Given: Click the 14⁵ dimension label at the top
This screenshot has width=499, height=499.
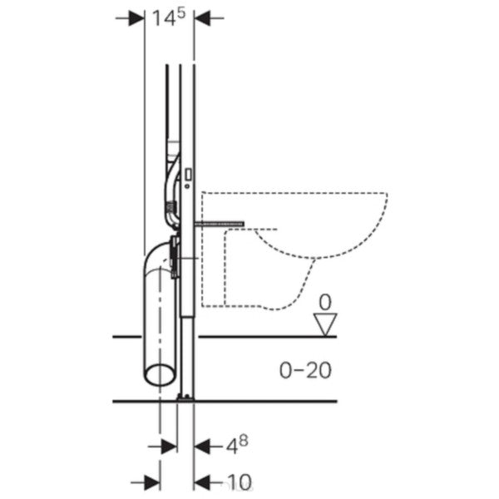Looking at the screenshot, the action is (168, 17).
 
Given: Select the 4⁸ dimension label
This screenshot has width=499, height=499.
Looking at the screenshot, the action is (237, 445).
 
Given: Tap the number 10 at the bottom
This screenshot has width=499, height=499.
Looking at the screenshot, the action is (240, 482).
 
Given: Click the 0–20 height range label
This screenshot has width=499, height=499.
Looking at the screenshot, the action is (305, 370).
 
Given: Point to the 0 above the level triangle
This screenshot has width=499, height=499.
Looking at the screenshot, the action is (325, 302).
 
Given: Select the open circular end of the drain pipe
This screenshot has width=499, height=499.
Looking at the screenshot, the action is (160, 374).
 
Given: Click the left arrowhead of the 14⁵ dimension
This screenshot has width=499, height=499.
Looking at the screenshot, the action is (136, 18).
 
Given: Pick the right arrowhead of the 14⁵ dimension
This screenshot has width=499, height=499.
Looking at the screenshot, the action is (202, 18).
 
